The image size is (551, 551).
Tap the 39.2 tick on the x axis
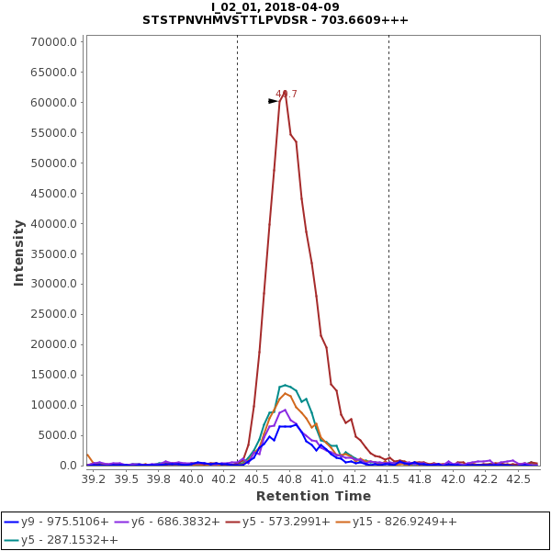pos(94,478)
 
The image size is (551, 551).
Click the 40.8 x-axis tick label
pos(289,478)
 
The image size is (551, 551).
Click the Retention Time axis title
pos(313,497)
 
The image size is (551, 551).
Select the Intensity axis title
pos(18,253)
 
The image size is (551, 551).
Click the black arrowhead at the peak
pos(273,101)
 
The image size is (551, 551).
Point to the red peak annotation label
pos(287,94)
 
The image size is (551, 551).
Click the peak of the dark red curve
pos(285,91)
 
